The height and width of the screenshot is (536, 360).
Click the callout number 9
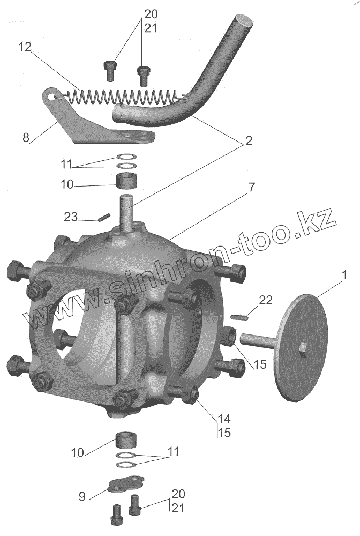(x=82, y=496)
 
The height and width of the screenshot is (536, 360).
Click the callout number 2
(x=248, y=141)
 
